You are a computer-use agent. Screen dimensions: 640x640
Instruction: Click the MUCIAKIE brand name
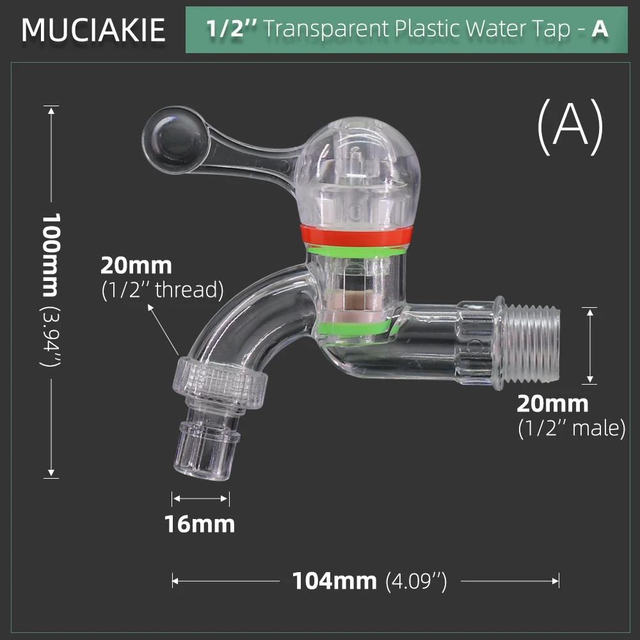[x=93, y=30]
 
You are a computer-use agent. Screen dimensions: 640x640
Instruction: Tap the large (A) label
[x=570, y=126]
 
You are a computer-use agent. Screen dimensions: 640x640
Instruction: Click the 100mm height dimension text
[x=50, y=254]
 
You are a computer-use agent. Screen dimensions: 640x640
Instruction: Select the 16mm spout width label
[x=200, y=524]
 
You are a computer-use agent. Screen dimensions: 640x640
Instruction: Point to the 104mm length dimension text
[x=334, y=581]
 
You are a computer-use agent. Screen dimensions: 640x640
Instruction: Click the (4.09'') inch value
[x=416, y=582]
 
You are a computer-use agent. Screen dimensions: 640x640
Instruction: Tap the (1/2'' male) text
[x=571, y=428]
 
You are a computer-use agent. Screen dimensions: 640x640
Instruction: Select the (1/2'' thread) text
[x=163, y=290]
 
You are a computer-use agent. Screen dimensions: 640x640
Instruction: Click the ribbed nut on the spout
[x=221, y=383]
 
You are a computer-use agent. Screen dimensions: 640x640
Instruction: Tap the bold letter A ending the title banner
[x=600, y=29]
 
